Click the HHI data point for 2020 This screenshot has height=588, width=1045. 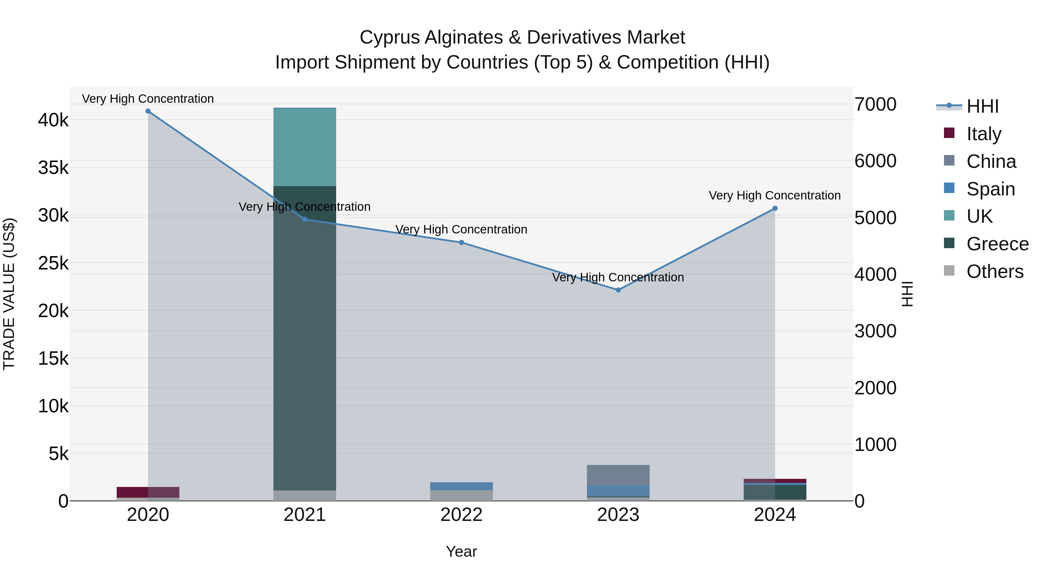[x=148, y=111]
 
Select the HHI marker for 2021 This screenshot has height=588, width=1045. [x=305, y=220]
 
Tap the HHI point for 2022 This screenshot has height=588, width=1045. [x=461, y=243]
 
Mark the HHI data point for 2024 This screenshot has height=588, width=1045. [x=775, y=208]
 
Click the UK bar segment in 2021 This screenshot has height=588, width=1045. [x=305, y=147]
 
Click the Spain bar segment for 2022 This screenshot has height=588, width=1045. [x=461, y=486]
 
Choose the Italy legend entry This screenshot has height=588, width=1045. [x=984, y=134]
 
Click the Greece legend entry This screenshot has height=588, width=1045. [x=997, y=244]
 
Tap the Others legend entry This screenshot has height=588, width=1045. [x=995, y=271]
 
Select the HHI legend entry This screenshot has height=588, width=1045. [x=982, y=106]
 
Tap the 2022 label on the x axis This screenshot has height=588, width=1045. [x=461, y=515]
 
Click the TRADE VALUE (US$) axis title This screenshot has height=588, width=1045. [x=9, y=294]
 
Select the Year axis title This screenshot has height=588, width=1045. [x=461, y=551]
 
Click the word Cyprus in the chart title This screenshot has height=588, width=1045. [x=390, y=37]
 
